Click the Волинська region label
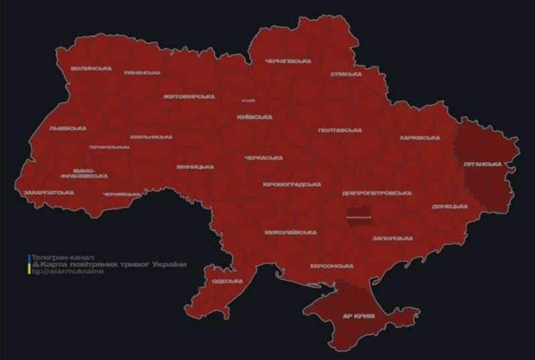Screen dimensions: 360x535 [x=91, y=68]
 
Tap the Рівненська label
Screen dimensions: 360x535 [x=142, y=72]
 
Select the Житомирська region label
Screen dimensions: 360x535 [x=189, y=96]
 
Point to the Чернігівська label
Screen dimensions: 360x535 [x=288, y=61]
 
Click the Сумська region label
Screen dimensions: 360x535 [x=346, y=74]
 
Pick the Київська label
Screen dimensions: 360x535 [x=254, y=116]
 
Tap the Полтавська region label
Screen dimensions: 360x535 [x=340, y=130]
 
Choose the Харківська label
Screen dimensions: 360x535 [x=419, y=137]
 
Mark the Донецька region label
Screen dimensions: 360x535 [x=449, y=206]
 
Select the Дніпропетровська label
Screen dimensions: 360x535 [x=376, y=193]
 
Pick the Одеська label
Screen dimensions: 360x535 [x=227, y=281]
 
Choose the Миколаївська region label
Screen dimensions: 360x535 [x=290, y=232]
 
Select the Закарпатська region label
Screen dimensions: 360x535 [x=48, y=192]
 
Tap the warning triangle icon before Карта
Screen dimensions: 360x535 [x=35, y=264]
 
